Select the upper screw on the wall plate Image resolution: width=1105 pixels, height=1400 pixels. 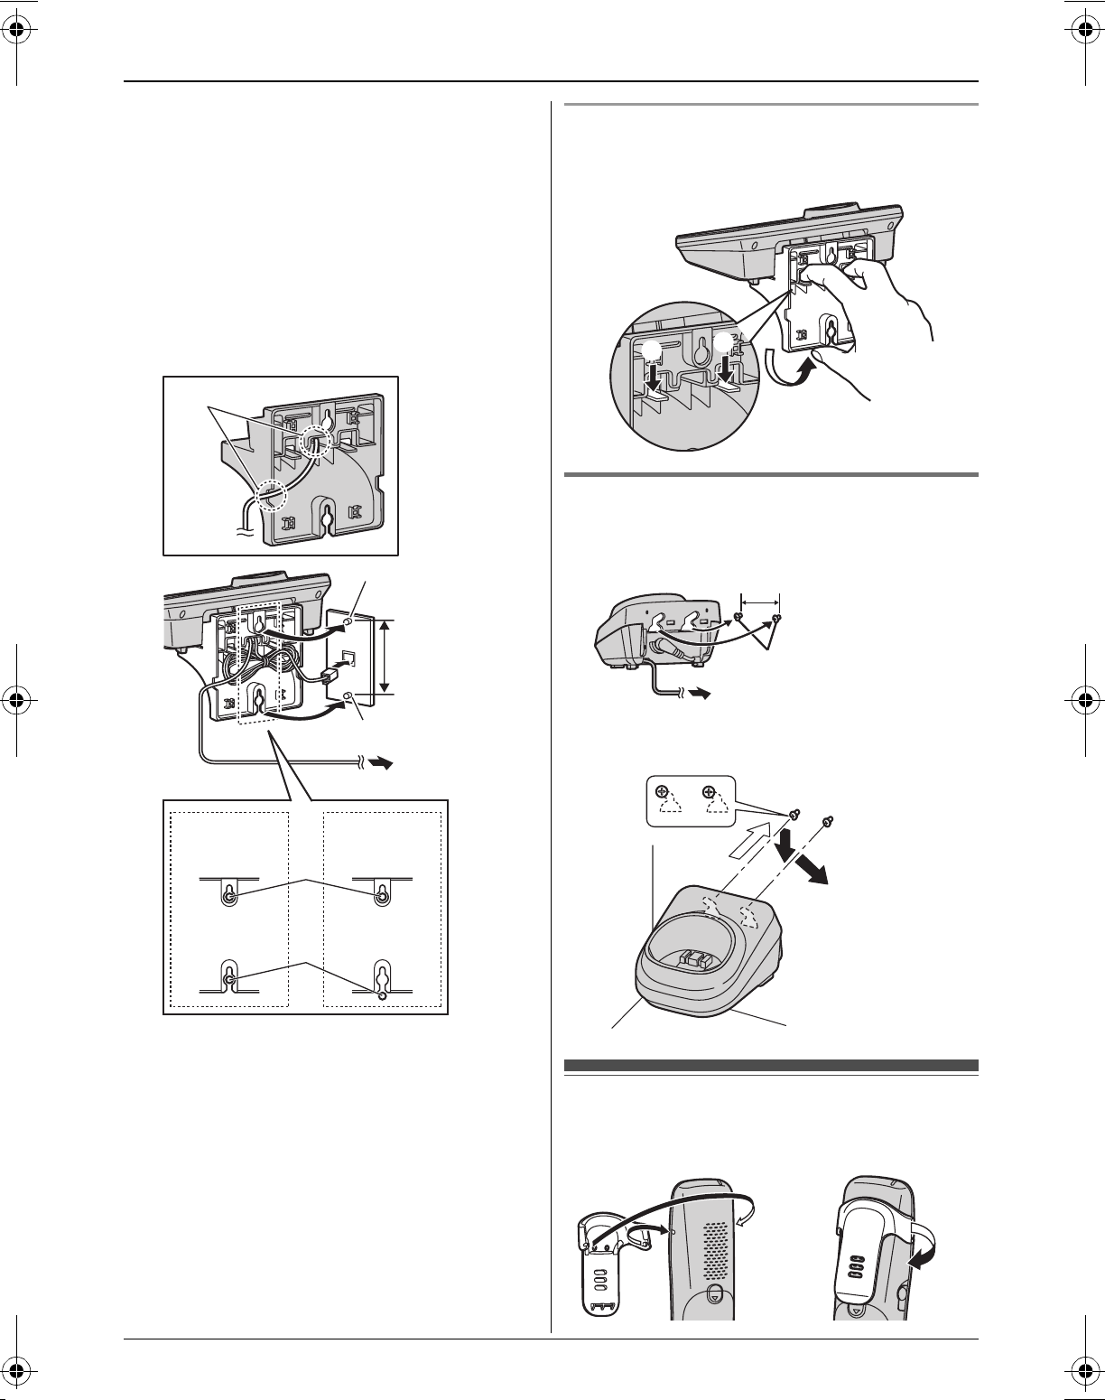[x=349, y=624]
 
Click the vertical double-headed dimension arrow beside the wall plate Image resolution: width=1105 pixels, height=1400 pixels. [x=385, y=657]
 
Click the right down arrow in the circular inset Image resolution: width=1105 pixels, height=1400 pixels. [x=724, y=364]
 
